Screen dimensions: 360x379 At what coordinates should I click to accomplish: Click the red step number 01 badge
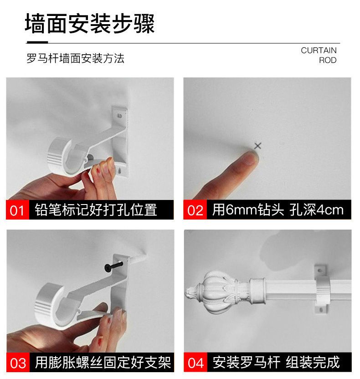tap(17, 210)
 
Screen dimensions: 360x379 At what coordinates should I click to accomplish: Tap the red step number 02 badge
tap(195, 210)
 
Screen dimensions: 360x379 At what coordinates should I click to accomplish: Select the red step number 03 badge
tap(18, 362)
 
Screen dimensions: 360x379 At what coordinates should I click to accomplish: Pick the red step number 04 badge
tap(195, 362)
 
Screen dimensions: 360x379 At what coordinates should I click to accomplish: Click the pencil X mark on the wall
tap(258, 146)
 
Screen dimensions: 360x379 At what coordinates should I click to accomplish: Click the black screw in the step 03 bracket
tap(113, 266)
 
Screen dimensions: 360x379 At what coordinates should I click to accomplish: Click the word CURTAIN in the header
tap(319, 50)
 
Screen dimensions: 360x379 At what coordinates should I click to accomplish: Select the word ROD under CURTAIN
tap(328, 60)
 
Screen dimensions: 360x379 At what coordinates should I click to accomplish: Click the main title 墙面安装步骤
tap(90, 23)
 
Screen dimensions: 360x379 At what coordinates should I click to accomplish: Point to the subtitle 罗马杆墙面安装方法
tap(76, 58)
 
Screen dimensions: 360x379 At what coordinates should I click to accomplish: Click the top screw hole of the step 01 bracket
tap(119, 116)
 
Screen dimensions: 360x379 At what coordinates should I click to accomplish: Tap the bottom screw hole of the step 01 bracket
tap(119, 171)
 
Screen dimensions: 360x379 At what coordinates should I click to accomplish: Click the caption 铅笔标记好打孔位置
tap(96, 210)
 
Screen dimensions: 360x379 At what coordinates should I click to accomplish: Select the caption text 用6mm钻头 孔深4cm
tap(278, 210)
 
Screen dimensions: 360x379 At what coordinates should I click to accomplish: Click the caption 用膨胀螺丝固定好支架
tap(103, 362)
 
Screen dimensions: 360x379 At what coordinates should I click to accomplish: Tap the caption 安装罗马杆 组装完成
tap(276, 362)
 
